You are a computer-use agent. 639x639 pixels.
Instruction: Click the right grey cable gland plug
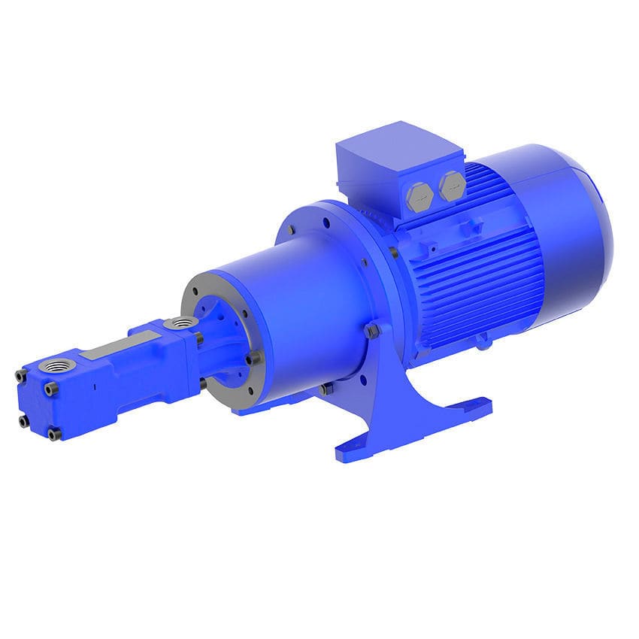point(452,186)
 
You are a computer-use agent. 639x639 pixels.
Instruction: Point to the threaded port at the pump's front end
point(56,368)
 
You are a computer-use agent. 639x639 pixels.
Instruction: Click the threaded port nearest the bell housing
point(181,323)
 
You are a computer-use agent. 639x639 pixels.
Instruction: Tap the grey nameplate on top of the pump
point(112,348)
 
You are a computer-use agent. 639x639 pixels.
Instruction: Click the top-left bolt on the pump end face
point(21,376)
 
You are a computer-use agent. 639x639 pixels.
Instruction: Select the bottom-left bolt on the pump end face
point(25,421)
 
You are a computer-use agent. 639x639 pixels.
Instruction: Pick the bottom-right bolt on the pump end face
point(53,434)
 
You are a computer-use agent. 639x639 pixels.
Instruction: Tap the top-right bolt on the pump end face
point(50,389)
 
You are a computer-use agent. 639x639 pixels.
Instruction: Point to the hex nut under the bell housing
point(325,389)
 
